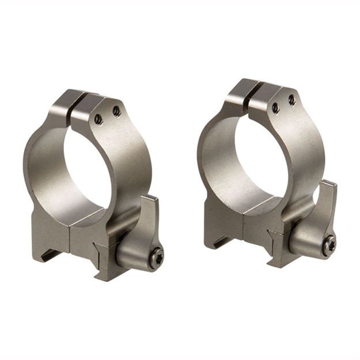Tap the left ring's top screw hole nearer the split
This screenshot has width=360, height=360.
99,119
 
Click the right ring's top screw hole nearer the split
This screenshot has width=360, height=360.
275,107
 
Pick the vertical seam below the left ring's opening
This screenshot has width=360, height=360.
70,242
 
